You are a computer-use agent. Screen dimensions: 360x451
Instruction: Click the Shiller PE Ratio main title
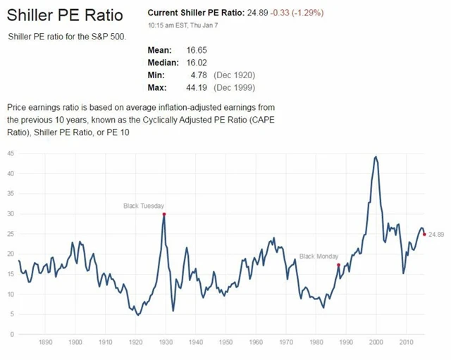coord(64,15)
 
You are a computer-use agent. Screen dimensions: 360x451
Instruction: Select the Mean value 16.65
coord(195,50)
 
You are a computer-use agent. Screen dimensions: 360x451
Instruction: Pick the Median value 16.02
coord(195,63)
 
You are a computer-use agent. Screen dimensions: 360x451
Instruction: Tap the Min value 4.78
coord(197,75)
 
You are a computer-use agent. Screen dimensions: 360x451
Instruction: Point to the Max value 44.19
coord(195,87)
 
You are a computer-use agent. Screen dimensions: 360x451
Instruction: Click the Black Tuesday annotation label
coord(144,206)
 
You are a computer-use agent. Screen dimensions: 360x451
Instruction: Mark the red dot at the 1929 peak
coord(164,214)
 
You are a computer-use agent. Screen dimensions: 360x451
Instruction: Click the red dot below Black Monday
coord(339,265)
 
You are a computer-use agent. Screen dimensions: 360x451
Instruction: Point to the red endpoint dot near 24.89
coord(424,234)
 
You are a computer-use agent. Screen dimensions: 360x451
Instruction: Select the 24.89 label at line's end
coord(436,234)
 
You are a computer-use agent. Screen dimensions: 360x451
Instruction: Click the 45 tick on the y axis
coord(11,153)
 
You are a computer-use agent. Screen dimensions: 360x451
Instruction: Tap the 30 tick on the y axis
coord(11,213)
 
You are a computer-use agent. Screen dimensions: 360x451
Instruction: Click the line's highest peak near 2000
coord(376,156)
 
